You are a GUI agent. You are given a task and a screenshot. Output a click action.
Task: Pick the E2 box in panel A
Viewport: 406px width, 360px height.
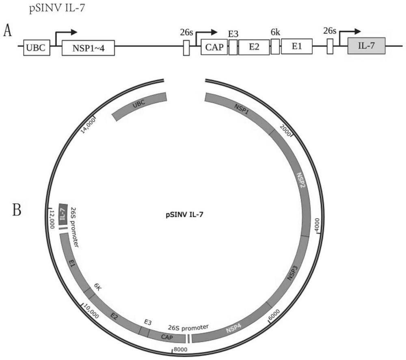pos(254,47)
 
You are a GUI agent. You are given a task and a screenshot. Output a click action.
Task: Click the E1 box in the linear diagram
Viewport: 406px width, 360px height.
pos(297,47)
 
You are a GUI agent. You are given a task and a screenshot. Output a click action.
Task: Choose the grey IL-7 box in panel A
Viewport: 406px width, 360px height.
pos(367,47)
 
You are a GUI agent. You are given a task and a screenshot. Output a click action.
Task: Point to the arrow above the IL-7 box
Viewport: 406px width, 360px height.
pos(350,33)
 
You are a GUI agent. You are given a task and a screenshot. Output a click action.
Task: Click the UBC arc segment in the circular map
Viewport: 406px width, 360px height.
pos(139,106)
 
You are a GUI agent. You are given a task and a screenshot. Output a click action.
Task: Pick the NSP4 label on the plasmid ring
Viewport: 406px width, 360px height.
pos(234,329)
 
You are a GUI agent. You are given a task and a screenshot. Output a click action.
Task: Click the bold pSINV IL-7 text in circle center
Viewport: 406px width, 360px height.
pos(184,216)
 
